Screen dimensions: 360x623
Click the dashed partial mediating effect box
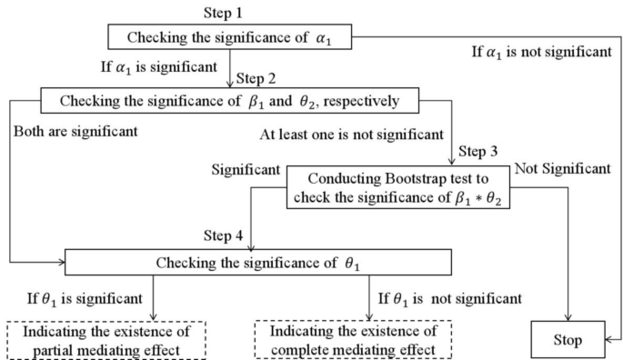85,340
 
